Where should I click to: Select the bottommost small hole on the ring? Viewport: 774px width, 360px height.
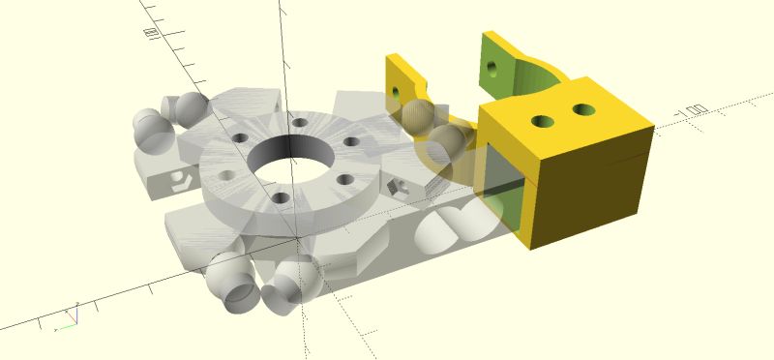point(281,198)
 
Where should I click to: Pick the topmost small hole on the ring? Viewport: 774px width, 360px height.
point(300,123)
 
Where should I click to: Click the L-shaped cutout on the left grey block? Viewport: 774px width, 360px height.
point(182,178)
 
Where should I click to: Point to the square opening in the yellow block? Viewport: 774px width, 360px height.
point(502,190)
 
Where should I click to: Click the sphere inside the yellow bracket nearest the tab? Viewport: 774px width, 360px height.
point(418,116)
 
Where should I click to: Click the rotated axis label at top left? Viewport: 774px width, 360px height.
point(151,33)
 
